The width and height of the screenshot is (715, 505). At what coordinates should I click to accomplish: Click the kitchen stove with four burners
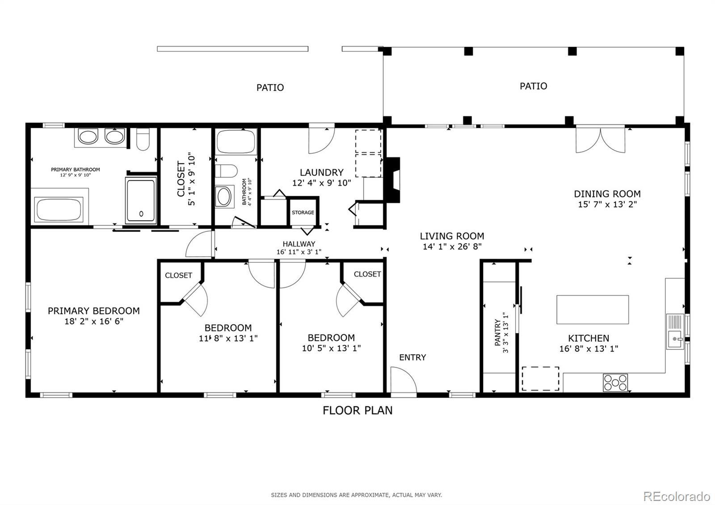click(x=615, y=383)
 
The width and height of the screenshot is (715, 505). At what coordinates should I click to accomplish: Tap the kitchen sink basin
click(x=674, y=339)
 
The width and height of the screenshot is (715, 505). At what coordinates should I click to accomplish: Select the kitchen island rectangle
click(x=593, y=309)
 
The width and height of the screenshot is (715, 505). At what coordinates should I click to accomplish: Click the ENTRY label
click(x=412, y=357)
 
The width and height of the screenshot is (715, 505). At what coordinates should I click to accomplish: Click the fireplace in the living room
click(x=393, y=180)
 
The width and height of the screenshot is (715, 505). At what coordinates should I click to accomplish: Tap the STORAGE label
click(x=303, y=212)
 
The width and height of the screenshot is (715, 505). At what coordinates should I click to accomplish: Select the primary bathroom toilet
click(x=143, y=139)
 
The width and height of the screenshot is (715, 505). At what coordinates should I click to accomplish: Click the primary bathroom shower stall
click(x=141, y=200)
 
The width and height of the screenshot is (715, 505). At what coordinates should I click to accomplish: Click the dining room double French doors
click(x=601, y=140)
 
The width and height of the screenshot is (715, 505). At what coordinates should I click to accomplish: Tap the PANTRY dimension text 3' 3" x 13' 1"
click(x=505, y=332)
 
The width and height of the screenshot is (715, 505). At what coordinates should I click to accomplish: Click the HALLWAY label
click(x=299, y=244)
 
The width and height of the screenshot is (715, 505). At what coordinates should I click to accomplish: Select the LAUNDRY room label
click(x=321, y=173)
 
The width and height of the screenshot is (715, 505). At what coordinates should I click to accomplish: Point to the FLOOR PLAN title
click(x=357, y=410)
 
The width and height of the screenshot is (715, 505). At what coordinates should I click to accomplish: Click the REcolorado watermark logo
click(x=677, y=497)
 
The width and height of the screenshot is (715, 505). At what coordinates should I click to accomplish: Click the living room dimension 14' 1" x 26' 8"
click(x=452, y=246)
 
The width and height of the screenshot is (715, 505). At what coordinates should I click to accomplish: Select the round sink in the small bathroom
click(x=224, y=196)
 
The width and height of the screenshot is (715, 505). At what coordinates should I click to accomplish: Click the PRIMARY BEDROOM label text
click(x=94, y=311)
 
